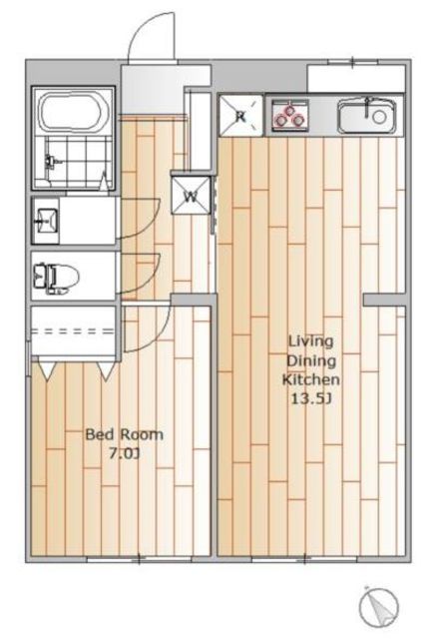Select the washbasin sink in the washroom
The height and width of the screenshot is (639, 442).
pos(46,221)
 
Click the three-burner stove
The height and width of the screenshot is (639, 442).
pos(290,115)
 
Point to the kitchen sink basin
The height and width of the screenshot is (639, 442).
pos(367,117)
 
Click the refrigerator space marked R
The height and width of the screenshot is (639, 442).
pos(240,116)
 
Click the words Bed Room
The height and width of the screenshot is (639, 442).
pos(125,434)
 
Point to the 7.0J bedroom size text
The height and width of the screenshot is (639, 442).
pos(125,453)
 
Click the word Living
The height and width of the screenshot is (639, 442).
pos(310,340)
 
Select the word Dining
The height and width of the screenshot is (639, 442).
pos(311,360)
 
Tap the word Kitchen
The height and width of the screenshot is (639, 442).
pos(311,379)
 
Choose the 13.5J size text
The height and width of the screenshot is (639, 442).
pos(311,398)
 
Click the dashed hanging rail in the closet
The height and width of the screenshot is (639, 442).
pos(73,331)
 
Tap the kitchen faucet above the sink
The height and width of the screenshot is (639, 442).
pos(368,106)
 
